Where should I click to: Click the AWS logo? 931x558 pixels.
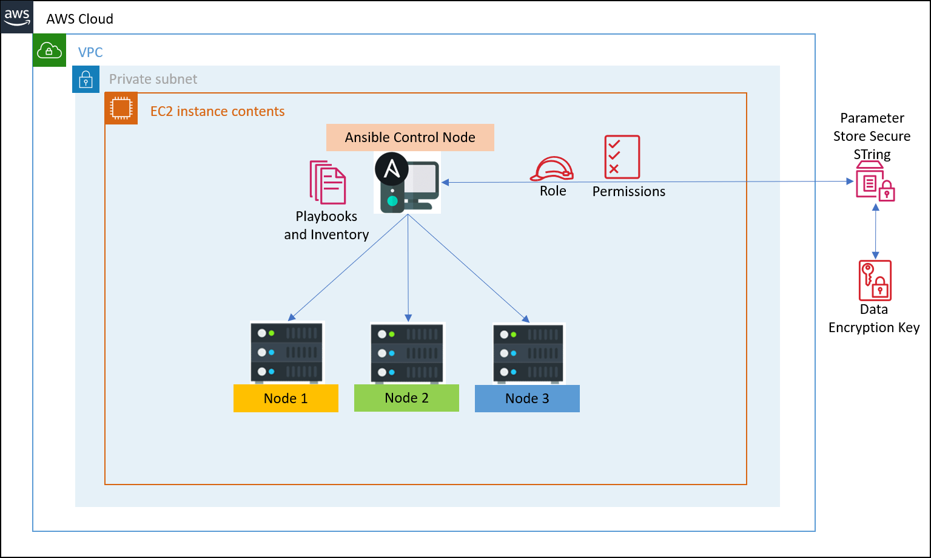(x=17, y=16)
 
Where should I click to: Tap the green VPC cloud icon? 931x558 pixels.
(x=49, y=50)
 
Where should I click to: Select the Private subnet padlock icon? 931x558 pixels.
(x=86, y=80)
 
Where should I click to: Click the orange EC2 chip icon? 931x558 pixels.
(x=121, y=109)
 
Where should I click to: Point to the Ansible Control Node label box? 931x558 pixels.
(x=410, y=137)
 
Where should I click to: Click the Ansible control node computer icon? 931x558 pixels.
(x=408, y=182)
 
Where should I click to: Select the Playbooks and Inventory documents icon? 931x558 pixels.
(x=328, y=182)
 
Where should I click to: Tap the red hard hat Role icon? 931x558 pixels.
(x=552, y=169)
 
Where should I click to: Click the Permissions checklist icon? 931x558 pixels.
(x=622, y=157)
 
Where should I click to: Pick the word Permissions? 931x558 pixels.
(x=628, y=192)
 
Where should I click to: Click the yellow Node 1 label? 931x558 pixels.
(x=286, y=398)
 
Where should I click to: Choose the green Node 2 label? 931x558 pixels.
(x=406, y=398)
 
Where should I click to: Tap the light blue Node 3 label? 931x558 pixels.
(x=527, y=398)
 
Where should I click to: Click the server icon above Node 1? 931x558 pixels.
(x=287, y=352)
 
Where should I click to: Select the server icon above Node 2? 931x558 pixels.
(x=408, y=353)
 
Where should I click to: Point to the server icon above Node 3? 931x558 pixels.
(x=529, y=353)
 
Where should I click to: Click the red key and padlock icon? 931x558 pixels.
(x=875, y=281)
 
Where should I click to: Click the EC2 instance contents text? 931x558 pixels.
(x=217, y=112)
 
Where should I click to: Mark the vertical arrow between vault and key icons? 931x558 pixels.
(x=875, y=231)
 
